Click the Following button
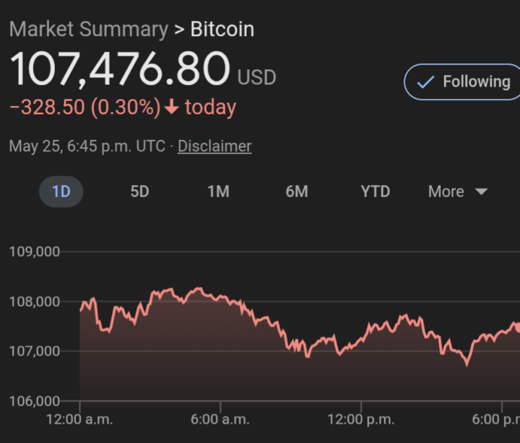point(462,82)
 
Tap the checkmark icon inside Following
point(426,82)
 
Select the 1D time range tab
point(61,191)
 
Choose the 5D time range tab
point(139,191)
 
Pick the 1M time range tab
point(218,191)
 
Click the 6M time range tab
point(297,191)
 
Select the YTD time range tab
point(375,191)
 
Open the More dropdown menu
point(458,191)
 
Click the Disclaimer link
point(214,146)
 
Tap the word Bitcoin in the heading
point(222,30)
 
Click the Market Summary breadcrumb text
point(88,30)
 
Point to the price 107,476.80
point(119,69)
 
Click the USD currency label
point(256,77)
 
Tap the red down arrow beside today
point(171,108)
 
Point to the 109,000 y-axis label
point(35,252)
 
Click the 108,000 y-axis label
point(35,302)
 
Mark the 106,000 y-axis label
point(35,401)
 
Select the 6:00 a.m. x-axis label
point(220,420)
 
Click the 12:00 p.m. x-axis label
point(360,420)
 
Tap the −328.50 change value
point(47,108)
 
